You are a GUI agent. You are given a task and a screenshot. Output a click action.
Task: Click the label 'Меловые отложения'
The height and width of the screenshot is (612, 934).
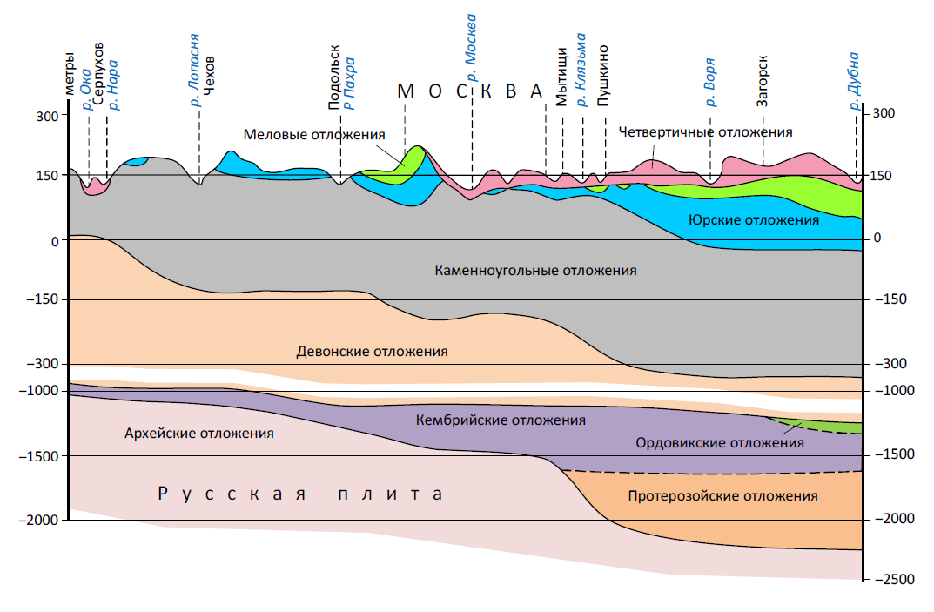313,135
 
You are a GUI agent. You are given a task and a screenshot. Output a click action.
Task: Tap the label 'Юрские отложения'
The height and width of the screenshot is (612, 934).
753,220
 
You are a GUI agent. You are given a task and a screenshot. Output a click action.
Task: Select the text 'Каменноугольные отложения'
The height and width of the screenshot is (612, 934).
535,271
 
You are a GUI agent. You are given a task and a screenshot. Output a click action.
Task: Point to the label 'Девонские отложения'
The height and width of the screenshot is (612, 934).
372,352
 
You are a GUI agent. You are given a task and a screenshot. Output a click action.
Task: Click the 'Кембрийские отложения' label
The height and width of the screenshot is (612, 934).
501,420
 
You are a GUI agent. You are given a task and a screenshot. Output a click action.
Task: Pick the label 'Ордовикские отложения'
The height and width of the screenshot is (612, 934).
719,443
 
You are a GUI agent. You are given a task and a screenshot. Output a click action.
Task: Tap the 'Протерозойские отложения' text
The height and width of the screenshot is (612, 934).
722,496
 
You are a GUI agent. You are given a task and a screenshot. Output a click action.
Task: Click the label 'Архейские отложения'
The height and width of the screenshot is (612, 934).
199,433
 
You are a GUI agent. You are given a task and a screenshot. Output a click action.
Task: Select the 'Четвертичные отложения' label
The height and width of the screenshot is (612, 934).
705,132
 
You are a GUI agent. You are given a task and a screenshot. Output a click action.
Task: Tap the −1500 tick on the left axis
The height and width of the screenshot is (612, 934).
38,456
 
